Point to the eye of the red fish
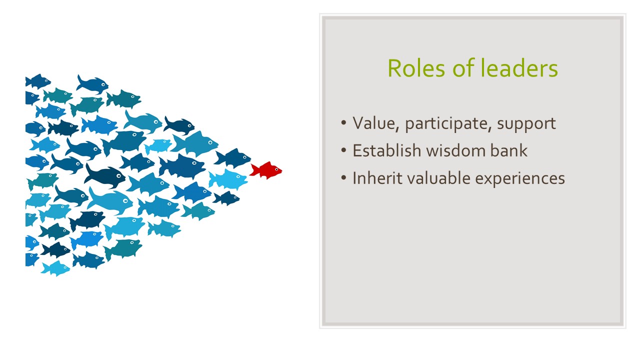pos(276,169)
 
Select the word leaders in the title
pos(518,68)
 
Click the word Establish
pos(387,150)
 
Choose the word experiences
pos(520,179)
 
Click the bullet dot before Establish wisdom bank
pos(343,150)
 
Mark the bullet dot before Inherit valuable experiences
pos(343,178)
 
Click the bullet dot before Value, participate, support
pos(343,123)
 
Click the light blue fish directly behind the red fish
pos(228,179)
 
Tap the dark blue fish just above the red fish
pos(232,157)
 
